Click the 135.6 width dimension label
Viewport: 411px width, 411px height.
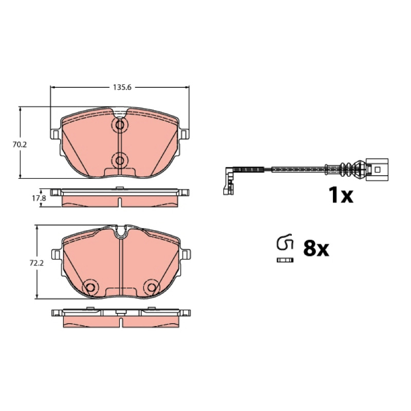(122, 87)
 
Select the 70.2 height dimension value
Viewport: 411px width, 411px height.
(20, 144)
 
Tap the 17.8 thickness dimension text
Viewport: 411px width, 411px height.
(39, 198)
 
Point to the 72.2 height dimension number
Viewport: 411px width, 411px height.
(36, 263)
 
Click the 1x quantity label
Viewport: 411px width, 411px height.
(341, 195)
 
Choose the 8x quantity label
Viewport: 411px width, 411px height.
(316, 249)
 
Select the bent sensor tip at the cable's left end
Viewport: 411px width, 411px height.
(228, 181)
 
